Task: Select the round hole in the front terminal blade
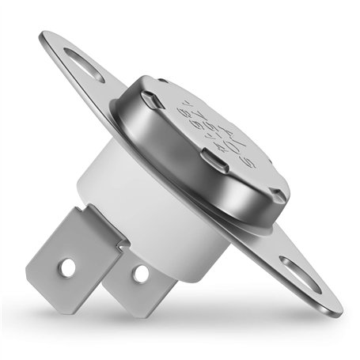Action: (x=69, y=267)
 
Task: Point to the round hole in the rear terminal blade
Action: (x=141, y=274)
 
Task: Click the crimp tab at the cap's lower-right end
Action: (x=277, y=194)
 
